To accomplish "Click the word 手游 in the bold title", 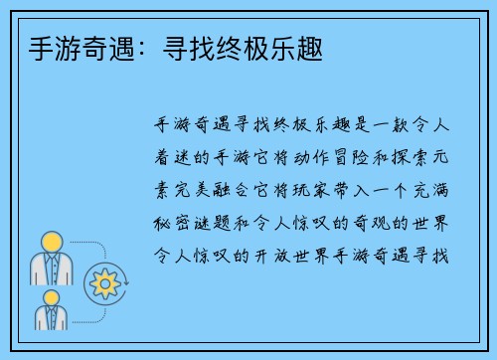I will tap(39, 46).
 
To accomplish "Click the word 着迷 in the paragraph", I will tap(176, 151).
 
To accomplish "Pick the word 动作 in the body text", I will tap(313, 151).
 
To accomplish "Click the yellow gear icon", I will tap(103, 283).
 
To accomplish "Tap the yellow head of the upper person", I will tap(52, 241).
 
